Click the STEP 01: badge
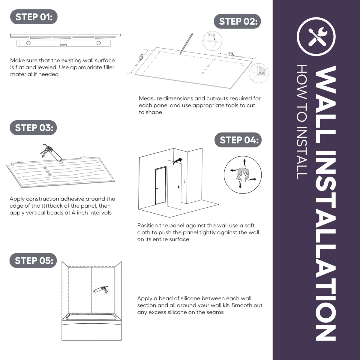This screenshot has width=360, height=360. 34,17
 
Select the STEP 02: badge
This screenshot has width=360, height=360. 237,21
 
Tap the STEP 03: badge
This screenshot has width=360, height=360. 33,127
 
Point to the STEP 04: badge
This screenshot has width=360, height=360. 238,140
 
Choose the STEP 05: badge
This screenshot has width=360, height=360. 33,260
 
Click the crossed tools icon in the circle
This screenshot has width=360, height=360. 316,37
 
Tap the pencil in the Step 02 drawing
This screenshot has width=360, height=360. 186,43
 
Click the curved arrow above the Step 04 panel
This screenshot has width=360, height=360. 178,161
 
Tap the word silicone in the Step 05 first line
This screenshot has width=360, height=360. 188,298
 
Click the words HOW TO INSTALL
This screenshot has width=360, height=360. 301,122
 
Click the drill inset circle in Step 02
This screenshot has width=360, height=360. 212,41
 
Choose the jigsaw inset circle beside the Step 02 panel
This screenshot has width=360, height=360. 259,73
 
